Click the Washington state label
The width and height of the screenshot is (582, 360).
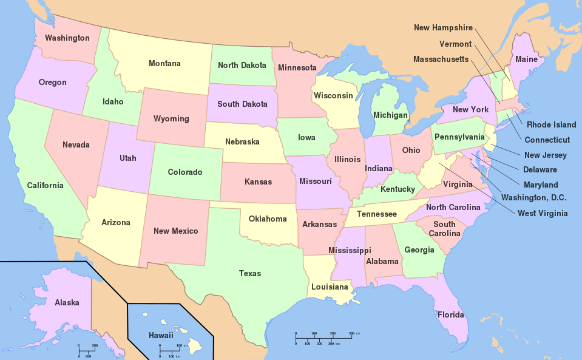click(x=67, y=38)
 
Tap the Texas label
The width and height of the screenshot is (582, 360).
click(x=250, y=274)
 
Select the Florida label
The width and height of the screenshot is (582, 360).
click(x=451, y=315)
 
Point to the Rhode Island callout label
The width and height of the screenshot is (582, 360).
click(x=551, y=125)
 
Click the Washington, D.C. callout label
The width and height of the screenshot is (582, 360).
click(x=534, y=197)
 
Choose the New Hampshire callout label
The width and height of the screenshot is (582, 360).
click(x=443, y=28)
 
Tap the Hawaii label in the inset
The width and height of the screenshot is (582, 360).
click(x=161, y=335)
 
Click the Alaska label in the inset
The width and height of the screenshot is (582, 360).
click(x=67, y=302)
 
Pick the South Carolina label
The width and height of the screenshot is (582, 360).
click(x=444, y=229)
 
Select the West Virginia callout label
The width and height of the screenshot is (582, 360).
click(x=543, y=213)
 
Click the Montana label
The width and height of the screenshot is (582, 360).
click(x=164, y=64)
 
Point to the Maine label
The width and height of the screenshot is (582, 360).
click(x=526, y=59)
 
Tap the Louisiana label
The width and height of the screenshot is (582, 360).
click(x=330, y=287)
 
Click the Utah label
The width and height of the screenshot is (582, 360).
click(x=128, y=158)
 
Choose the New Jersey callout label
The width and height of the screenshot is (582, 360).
click(x=546, y=155)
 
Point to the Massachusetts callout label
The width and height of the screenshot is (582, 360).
click(x=441, y=59)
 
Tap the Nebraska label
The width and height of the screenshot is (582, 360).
click(x=242, y=142)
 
